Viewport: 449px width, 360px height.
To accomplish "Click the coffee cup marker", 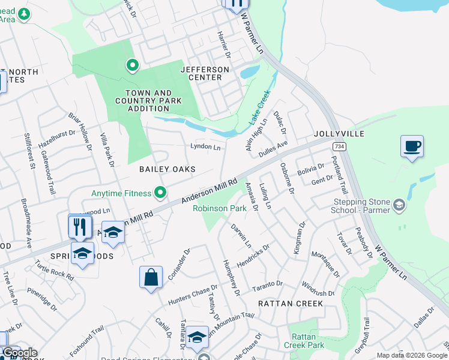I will coord(412,146).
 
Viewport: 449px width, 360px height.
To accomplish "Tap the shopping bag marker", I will coord(151,278).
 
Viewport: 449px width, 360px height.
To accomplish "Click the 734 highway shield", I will coord(340,147).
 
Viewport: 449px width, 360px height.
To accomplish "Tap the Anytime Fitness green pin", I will coord(160,193).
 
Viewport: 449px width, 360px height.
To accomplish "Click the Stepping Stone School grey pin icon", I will coord(398,206).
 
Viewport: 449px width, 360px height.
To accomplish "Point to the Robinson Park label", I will coord(220,209).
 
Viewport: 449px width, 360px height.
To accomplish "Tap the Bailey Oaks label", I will coord(167,170).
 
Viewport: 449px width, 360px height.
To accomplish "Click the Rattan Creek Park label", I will coord(307,340).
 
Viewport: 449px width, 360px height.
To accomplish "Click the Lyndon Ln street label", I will coord(205,146).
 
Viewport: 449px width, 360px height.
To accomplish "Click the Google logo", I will coord(19,353).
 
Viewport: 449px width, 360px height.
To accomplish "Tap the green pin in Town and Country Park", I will coord(132,64).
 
